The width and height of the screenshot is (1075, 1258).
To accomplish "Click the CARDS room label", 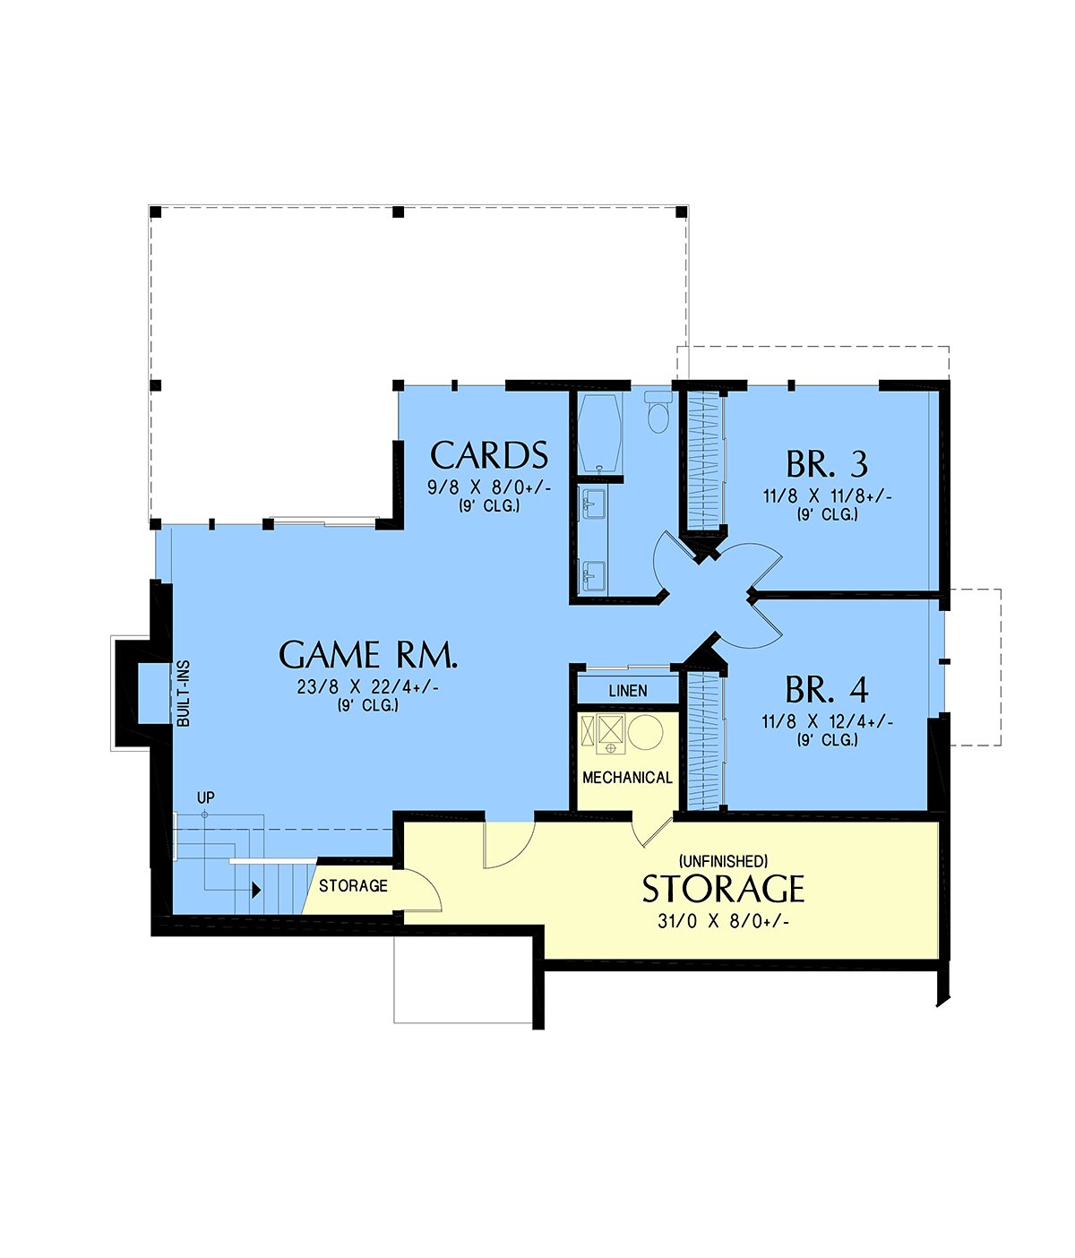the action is click(488, 455).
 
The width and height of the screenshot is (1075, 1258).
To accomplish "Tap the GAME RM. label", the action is click(367, 655).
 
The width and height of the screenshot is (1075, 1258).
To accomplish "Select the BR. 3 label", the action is click(827, 464).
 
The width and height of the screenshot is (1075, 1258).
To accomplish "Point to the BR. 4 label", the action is click(827, 690).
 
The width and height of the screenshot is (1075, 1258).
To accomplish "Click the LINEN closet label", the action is click(627, 691).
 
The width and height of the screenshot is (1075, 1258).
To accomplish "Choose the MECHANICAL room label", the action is click(627, 777).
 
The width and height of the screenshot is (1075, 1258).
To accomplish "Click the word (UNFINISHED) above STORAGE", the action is click(723, 861).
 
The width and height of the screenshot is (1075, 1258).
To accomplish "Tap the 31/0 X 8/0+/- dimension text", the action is click(723, 921).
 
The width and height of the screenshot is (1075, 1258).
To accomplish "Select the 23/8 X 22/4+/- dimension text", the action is click(367, 687).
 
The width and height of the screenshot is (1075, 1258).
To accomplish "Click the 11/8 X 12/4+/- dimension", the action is click(827, 722).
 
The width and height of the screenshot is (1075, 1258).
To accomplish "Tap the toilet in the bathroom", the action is click(658, 411).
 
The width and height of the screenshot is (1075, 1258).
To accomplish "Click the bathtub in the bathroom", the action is click(599, 433).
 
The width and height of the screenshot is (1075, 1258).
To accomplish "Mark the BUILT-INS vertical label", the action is click(183, 694).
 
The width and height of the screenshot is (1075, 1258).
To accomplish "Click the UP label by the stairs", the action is click(206, 797).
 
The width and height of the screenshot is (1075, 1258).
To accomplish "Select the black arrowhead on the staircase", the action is click(256, 891).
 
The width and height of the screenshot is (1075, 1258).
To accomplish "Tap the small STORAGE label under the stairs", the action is click(353, 885).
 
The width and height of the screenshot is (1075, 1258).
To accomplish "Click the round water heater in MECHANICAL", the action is click(645, 732).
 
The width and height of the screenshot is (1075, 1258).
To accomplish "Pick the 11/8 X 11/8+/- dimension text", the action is click(827, 496).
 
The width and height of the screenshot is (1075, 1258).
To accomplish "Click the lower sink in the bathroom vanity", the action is click(594, 575).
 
